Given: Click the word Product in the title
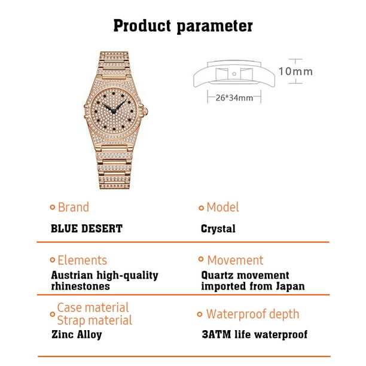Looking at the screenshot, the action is click(142, 26).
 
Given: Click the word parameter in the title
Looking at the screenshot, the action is click(215, 27).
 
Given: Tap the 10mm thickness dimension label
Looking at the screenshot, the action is click(295, 71).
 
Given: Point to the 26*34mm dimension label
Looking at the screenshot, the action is click(234, 98).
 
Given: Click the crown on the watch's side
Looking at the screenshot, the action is click(145, 111).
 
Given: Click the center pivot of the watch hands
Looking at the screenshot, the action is click(114, 111).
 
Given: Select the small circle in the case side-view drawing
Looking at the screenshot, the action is click(234, 74).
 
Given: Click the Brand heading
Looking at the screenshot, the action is click(74, 207).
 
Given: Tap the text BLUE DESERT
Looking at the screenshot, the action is click(87, 228).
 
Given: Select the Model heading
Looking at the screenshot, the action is click(222, 207).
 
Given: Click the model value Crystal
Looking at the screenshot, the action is click(218, 228).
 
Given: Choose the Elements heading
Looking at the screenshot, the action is click(82, 260).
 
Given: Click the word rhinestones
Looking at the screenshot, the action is click(80, 286).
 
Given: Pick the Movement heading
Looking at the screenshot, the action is click(235, 260).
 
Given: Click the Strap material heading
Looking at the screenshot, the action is click(94, 321).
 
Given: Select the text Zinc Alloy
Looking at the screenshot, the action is click(77, 334).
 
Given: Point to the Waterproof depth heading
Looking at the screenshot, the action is click(252, 314).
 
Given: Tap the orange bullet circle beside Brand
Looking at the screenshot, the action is click(53, 207).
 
